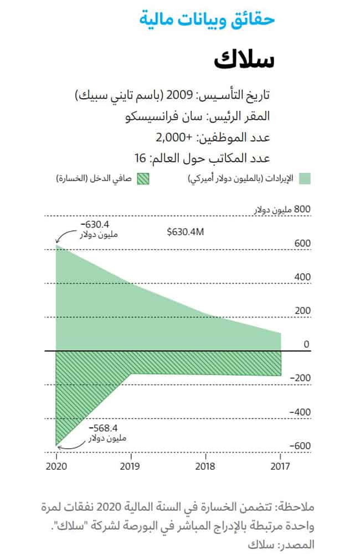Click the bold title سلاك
[x=244, y=59]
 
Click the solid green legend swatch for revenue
[x=305, y=178]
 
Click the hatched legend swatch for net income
[x=144, y=178]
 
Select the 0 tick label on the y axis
[x=306, y=345]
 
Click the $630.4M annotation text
[x=186, y=232]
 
